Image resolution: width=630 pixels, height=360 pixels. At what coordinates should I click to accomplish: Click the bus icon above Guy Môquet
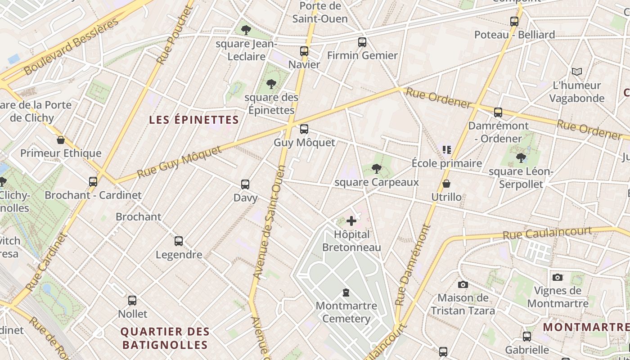304,129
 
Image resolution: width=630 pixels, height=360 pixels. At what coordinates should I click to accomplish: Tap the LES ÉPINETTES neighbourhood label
193,120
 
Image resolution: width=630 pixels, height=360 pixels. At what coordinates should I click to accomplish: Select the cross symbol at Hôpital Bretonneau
351,221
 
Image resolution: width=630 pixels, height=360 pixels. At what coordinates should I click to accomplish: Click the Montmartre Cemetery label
346,312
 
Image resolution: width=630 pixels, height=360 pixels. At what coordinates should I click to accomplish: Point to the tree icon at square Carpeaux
376,169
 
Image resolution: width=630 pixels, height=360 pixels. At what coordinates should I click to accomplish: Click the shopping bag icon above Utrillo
446,184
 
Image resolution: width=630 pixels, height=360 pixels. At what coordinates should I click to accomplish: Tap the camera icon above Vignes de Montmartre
557,277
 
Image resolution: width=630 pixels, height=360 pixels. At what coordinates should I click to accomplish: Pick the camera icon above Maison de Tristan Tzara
463,284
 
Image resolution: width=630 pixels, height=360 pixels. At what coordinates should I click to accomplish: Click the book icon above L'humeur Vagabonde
576,72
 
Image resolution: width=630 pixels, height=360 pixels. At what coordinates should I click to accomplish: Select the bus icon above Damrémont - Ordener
498,112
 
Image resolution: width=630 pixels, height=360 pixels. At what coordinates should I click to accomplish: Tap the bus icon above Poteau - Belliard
514,21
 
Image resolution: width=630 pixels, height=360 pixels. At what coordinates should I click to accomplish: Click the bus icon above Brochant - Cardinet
93,182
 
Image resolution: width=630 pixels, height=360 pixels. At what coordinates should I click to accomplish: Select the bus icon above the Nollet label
132,300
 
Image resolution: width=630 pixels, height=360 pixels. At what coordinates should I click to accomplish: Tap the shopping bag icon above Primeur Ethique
61,140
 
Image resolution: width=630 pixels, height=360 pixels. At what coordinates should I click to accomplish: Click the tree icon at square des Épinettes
271,84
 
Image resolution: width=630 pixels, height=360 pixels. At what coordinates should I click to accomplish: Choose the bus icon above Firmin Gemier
362,42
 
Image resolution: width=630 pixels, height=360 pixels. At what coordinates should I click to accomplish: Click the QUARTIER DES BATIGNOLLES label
165,338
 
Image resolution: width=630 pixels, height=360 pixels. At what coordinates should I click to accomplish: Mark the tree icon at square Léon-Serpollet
521,158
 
